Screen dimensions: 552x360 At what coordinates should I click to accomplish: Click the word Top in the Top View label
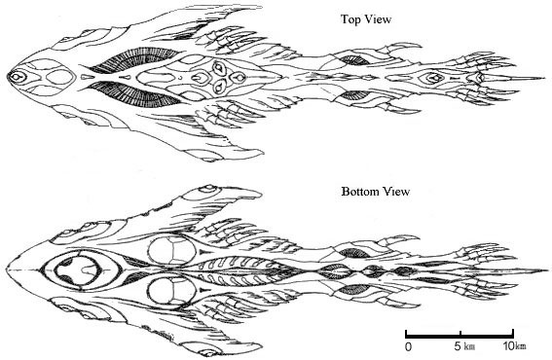pos(350,19)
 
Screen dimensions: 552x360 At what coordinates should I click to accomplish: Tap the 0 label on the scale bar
pos(408,346)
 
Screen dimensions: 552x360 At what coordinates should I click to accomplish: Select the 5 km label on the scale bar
pos(464,346)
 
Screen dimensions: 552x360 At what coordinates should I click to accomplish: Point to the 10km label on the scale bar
pos(514,346)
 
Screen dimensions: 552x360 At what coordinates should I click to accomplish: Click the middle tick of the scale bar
pos(460,334)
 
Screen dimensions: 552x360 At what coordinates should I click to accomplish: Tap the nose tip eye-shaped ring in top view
pos(17,76)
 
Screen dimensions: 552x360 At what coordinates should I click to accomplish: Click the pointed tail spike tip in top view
pos(546,78)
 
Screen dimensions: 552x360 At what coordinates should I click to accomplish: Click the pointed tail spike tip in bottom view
pos(548,270)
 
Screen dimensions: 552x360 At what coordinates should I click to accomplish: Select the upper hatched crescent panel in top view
pos(133,58)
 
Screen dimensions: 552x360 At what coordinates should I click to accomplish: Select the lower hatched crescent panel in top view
pos(133,94)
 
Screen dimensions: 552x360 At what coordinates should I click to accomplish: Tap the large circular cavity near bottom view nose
pos(78,270)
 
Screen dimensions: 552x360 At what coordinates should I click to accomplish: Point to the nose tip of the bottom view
pos(7,270)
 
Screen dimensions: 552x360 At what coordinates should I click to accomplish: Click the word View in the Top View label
pos(378,19)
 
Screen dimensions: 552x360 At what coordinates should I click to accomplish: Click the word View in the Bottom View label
pos(396,192)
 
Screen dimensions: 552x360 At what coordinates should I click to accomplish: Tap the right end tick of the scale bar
pos(513,334)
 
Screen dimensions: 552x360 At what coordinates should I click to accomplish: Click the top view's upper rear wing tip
pos(262,7)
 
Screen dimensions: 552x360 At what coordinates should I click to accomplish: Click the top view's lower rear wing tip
pos(262,153)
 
